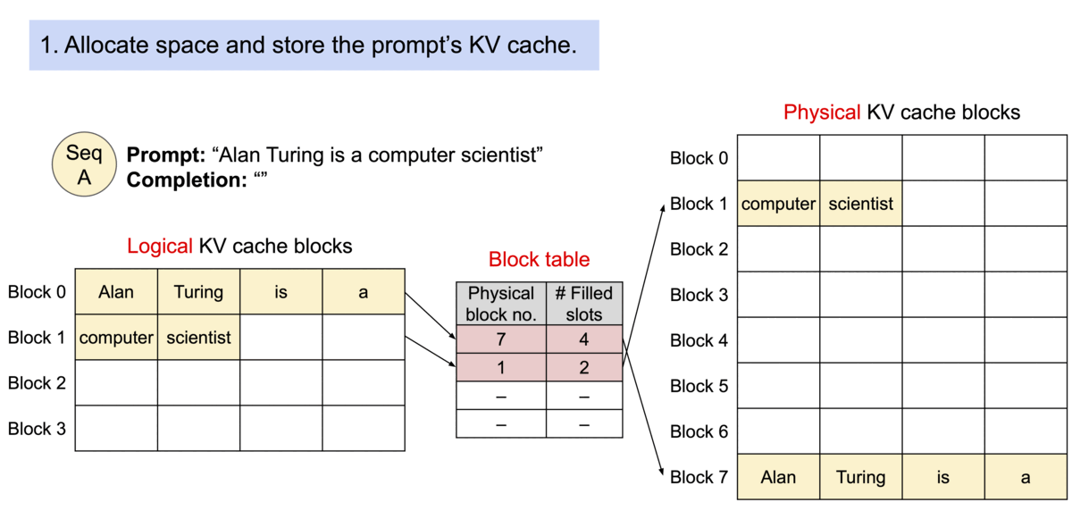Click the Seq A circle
tap(84, 164)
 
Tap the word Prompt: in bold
tap(166, 155)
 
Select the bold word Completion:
tap(187, 180)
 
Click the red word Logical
tap(160, 246)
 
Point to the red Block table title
tap(540, 259)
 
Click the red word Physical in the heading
tap(822, 113)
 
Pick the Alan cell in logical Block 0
tap(116, 291)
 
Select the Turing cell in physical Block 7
tap(861, 477)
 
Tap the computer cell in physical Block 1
tap(779, 204)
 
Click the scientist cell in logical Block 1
tap(198, 338)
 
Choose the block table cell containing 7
tap(501, 339)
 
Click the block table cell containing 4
tap(584, 339)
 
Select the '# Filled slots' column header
tap(584, 304)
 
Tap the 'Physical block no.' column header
tap(501, 304)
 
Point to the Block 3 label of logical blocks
tap(37, 429)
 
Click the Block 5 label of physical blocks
tap(699, 386)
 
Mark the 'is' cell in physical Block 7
tap(943, 477)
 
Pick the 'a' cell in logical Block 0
tap(364, 291)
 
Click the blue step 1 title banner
tap(314, 46)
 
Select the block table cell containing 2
tap(584, 367)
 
